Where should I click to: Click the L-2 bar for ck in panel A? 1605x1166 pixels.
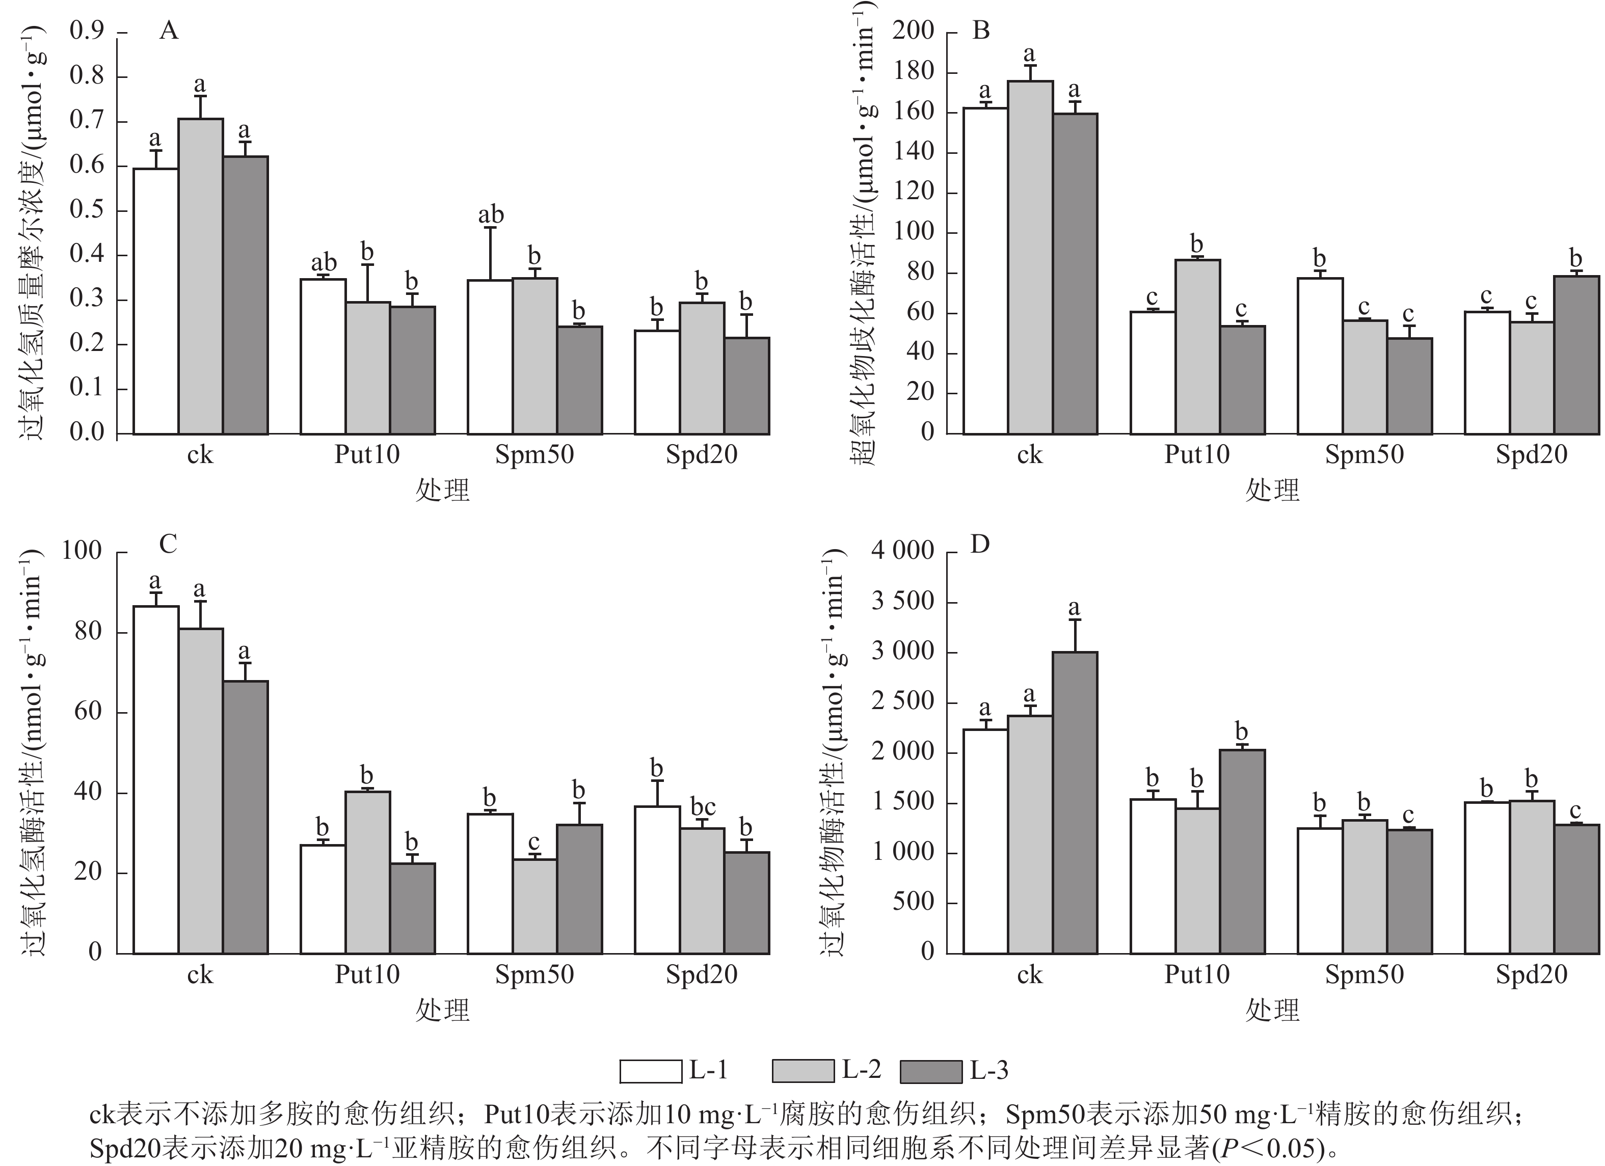(200, 276)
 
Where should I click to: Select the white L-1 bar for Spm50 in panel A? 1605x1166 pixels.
(490, 357)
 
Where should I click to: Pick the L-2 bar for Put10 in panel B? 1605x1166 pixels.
(1197, 347)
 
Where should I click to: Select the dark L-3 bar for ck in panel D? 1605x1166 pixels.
(1074, 802)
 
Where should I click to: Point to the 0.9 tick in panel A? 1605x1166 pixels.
(86, 31)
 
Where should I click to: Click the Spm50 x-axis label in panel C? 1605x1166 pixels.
(534, 975)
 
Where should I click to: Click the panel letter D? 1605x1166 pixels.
(980, 544)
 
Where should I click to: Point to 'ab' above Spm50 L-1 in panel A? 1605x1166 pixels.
(490, 214)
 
